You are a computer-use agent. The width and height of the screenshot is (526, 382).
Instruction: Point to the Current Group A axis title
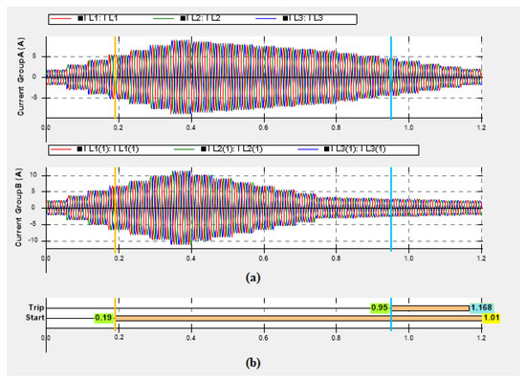coord(19,77)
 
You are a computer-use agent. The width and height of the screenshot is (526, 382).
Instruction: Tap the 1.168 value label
coord(481,307)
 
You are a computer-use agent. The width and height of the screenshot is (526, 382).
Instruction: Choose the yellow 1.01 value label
coord(491,317)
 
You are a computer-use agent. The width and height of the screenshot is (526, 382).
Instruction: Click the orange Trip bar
coord(430,307)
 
